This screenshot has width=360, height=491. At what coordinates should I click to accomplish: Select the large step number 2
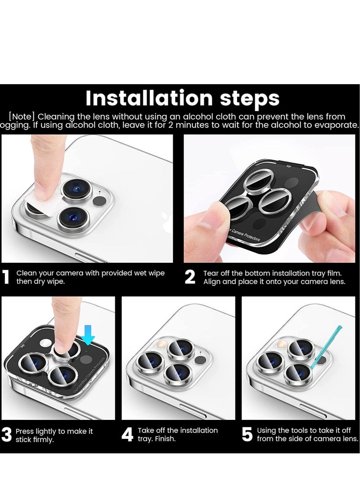point(190,277)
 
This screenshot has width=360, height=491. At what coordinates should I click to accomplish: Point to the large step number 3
point(6,435)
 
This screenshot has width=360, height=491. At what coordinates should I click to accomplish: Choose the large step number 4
point(127,435)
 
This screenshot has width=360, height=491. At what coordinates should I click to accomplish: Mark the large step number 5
point(247,435)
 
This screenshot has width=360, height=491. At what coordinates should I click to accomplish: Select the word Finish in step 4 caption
point(166,438)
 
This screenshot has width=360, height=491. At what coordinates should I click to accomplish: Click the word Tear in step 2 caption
point(211,273)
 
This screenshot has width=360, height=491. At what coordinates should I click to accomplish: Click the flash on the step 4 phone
point(159,345)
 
